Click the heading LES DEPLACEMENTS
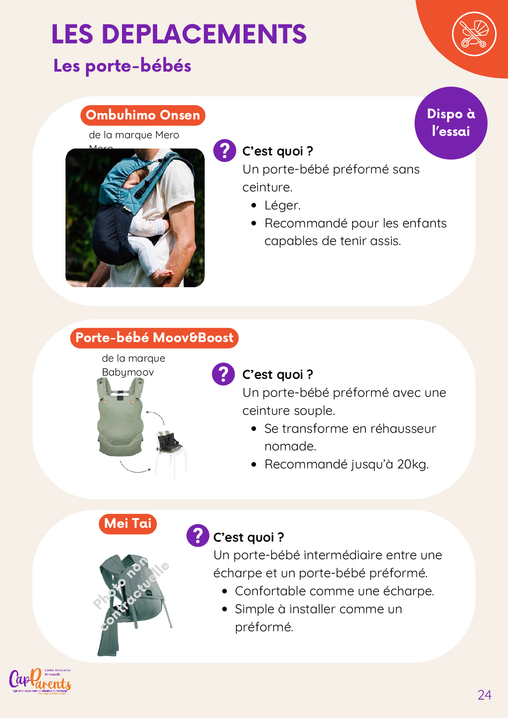coord(179,34)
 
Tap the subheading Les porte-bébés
coord(122,65)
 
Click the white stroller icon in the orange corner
coord(474,34)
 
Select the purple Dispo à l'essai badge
coord(451,123)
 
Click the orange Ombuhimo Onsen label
coord(143,115)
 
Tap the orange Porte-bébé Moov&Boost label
coord(154,338)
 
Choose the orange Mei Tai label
coord(128,524)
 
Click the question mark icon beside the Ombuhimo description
coord(225,151)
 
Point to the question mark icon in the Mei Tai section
coord(198,536)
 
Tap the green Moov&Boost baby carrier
coord(120,417)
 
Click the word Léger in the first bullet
coord(282,205)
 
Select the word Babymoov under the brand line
coord(128,372)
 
